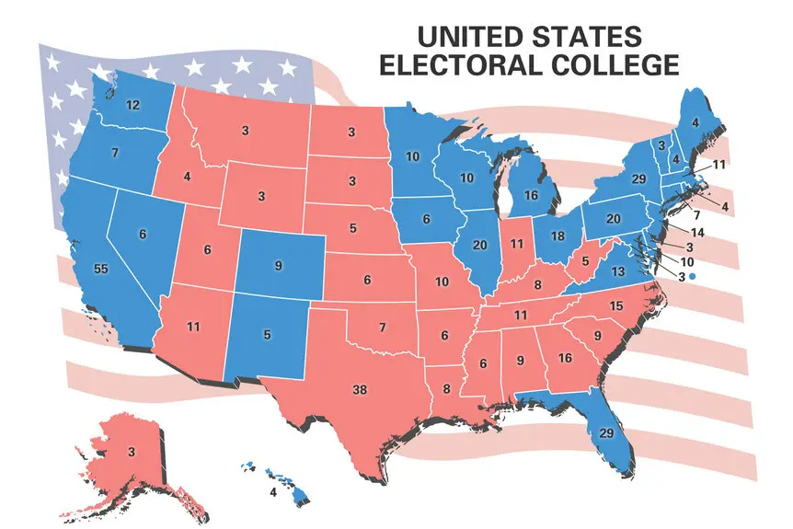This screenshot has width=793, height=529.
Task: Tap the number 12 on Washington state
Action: coord(132,106)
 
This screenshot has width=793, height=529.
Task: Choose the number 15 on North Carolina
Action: coord(616,305)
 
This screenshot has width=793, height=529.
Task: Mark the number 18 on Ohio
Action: coord(557,236)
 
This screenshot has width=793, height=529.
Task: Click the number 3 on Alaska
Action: coord(132,452)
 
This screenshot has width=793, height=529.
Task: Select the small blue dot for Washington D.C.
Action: coord(691,276)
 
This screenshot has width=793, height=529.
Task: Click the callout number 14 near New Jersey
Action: coord(696,233)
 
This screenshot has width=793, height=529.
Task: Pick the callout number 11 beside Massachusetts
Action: coord(719,164)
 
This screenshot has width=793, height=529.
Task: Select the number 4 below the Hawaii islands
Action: coord(272,492)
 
